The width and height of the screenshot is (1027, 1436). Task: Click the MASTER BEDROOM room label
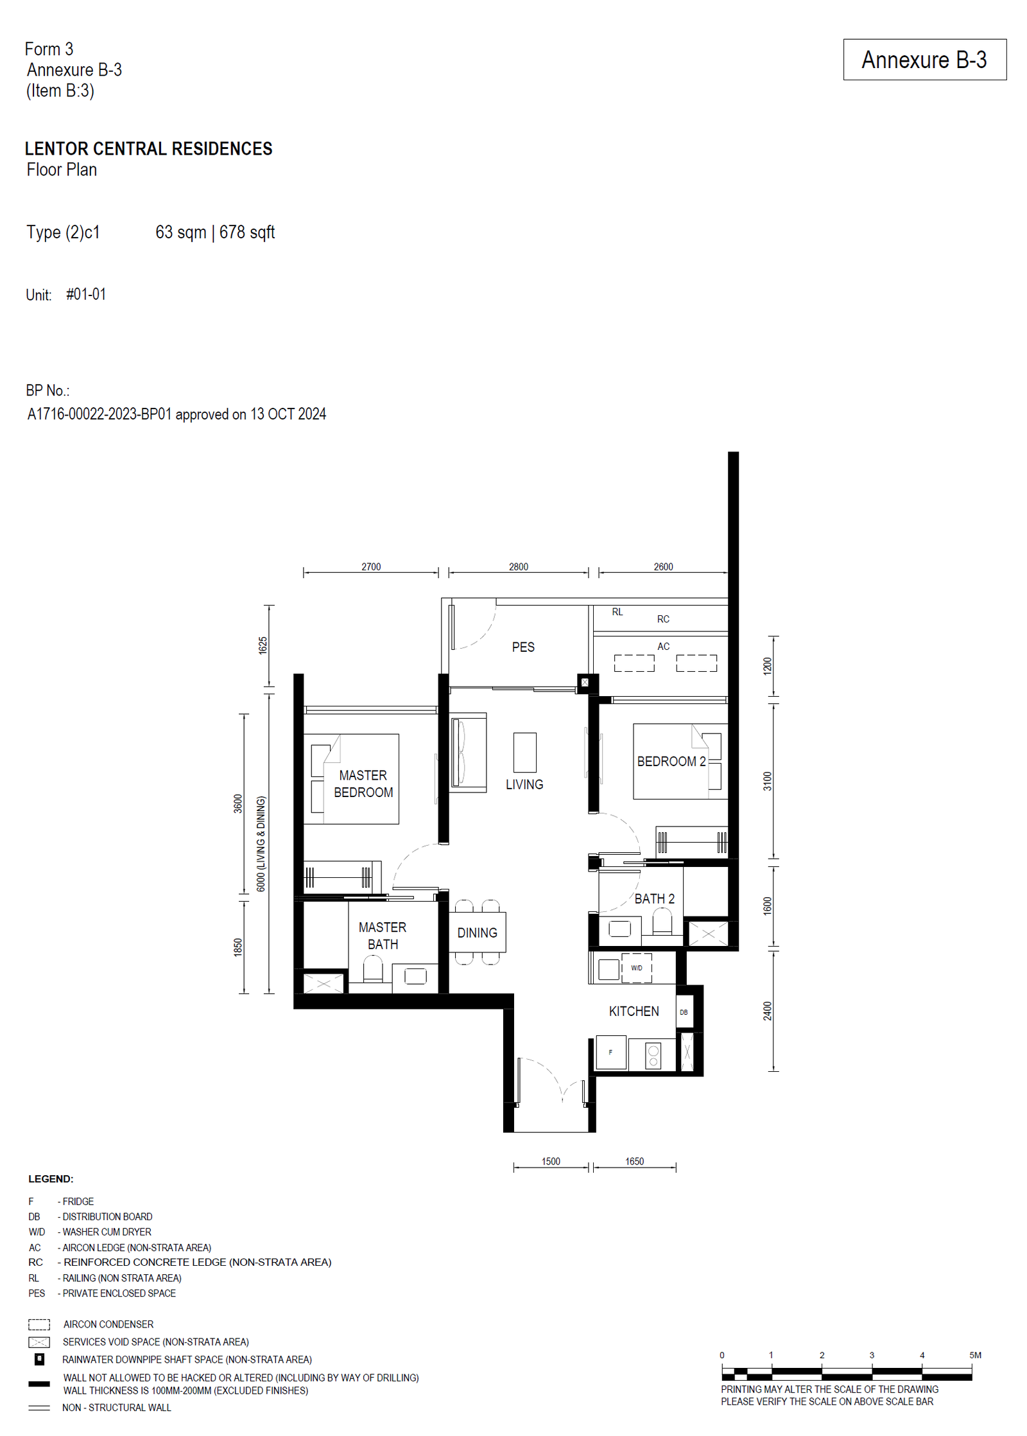[363, 784]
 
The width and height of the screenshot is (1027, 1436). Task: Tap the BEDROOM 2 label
[671, 761]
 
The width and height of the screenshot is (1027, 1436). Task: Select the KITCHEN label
[634, 1011]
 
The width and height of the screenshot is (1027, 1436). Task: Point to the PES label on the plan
[523, 647]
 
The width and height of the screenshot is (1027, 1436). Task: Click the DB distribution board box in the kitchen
[684, 1012]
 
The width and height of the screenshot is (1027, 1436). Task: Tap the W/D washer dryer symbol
[636, 968]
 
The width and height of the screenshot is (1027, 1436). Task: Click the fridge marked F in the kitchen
[610, 1052]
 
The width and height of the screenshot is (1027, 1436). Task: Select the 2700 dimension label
[371, 566]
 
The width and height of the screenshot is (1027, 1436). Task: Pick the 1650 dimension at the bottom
[634, 1161]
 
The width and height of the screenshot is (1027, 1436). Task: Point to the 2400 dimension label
[767, 1011]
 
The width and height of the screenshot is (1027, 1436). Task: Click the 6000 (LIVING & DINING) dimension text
[261, 844]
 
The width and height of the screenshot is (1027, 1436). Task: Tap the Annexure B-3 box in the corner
[924, 60]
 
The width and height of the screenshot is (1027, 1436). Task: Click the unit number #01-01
[86, 294]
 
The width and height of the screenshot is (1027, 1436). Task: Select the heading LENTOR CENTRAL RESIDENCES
[148, 148]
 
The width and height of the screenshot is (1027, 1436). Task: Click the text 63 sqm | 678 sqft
[215, 232]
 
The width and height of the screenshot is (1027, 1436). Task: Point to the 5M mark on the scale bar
[975, 1355]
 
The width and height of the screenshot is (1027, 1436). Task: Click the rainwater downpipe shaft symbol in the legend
[39, 1359]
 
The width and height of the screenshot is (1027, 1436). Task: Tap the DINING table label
[477, 933]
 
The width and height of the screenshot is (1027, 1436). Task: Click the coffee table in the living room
[524, 752]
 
